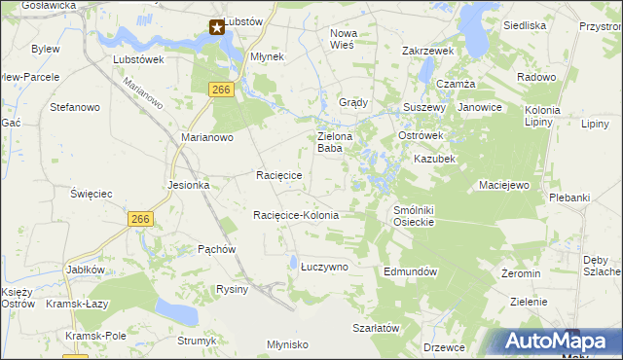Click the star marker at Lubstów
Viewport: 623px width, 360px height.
click(x=217, y=27)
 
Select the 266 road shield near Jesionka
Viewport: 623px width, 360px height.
click(x=139, y=220)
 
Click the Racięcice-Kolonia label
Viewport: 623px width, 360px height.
click(x=296, y=215)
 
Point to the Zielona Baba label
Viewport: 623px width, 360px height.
click(x=335, y=143)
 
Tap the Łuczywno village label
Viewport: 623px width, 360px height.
click(x=323, y=266)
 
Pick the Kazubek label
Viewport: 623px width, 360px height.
click(x=434, y=159)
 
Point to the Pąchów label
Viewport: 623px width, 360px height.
click(x=217, y=249)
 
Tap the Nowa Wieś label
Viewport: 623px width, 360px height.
click(x=343, y=38)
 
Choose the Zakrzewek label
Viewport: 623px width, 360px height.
click(x=429, y=51)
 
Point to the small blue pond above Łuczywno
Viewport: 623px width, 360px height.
click(x=292, y=260)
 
